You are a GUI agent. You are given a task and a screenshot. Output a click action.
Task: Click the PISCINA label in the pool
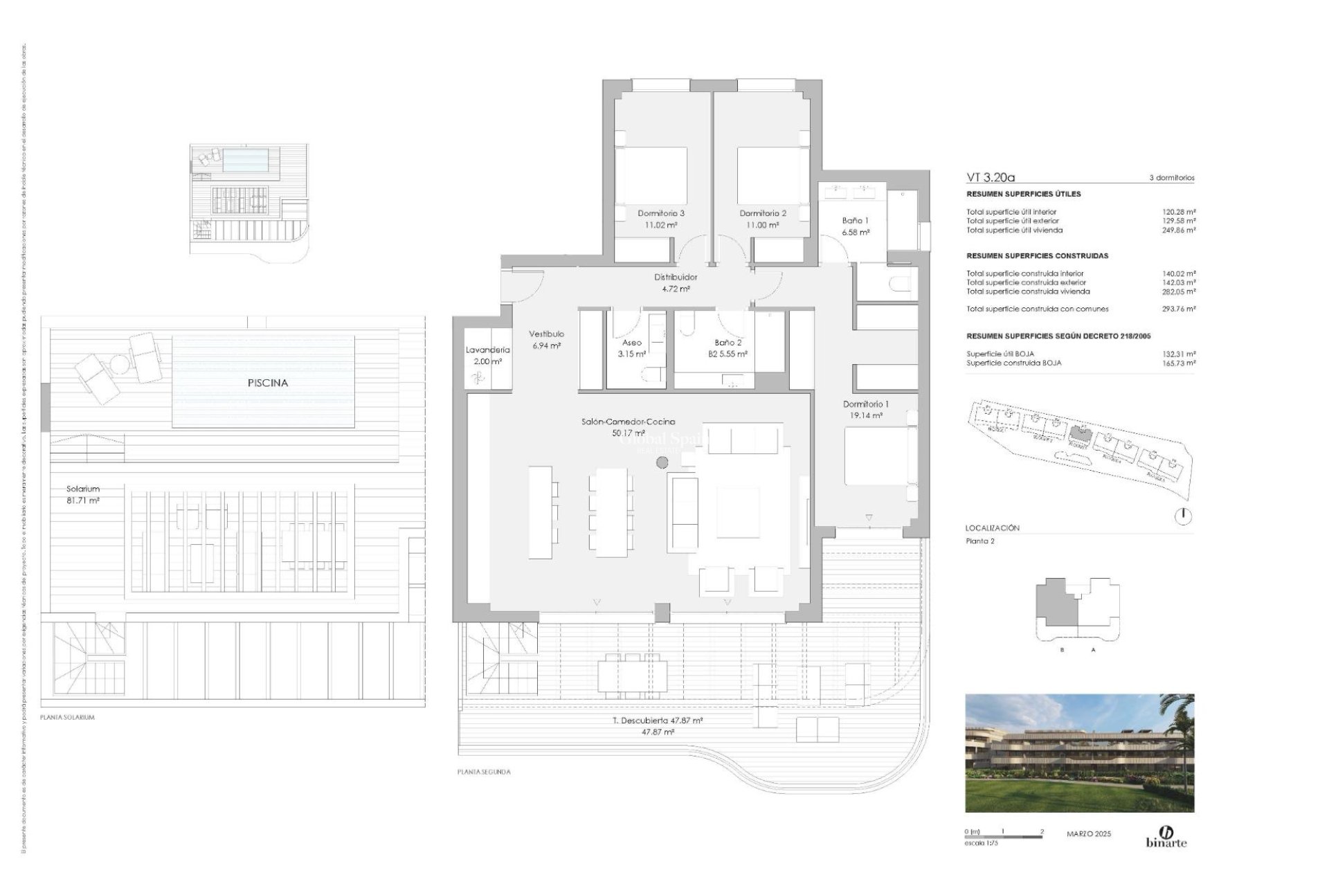click(x=267, y=383)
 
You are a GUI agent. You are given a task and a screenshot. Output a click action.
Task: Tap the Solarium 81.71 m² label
click(x=83, y=494)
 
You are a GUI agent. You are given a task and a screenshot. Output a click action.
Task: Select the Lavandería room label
click(x=487, y=350)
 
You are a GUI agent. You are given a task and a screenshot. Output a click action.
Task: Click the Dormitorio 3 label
click(x=660, y=214)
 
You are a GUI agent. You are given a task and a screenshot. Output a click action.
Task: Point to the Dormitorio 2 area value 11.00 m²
click(x=762, y=225)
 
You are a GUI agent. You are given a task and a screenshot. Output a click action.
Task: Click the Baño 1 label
click(x=855, y=221)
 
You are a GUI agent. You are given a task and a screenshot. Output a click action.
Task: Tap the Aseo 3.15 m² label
click(x=631, y=348)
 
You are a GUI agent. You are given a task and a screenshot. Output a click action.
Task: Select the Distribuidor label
click(x=676, y=277)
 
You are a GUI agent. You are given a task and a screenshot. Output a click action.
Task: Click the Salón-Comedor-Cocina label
click(x=628, y=422)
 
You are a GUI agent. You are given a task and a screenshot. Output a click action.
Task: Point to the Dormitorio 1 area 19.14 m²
click(x=862, y=416)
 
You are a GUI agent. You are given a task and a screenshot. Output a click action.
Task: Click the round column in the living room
click(x=662, y=462)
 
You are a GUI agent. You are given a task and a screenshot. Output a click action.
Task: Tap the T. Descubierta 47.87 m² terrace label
click(x=658, y=721)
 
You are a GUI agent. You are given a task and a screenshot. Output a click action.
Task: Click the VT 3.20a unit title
click(x=990, y=177)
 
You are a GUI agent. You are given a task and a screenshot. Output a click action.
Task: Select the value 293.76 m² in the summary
click(x=1179, y=309)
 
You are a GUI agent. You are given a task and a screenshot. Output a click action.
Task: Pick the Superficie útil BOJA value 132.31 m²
click(x=1179, y=354)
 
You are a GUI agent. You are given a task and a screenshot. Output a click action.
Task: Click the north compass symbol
click(x=1184, y=516)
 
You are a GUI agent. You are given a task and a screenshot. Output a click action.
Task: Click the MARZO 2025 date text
click(x=1088, y=834)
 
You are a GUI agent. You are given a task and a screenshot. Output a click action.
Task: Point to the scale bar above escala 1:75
click(x=1003, y=837)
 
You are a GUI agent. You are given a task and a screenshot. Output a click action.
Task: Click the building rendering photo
click(x=1079, y=753)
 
